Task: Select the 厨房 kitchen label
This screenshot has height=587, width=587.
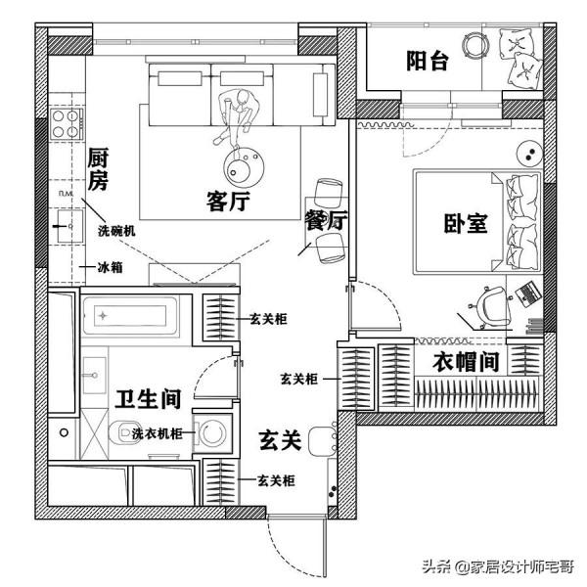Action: coord(97,168)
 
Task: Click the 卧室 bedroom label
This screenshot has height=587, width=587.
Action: coord(466,223)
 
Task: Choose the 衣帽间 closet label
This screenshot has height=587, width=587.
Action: coord(468,363)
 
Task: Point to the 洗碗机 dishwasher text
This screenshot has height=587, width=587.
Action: coord(116,231)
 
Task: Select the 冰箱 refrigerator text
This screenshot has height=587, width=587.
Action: coord(109,266)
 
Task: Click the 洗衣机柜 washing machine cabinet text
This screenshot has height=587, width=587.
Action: coord(159,432)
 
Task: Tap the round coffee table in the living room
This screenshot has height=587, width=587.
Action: coord(243,163)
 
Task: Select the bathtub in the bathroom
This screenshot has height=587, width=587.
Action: coord(128,316)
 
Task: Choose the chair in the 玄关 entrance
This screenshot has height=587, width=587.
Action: coord(320,440)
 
